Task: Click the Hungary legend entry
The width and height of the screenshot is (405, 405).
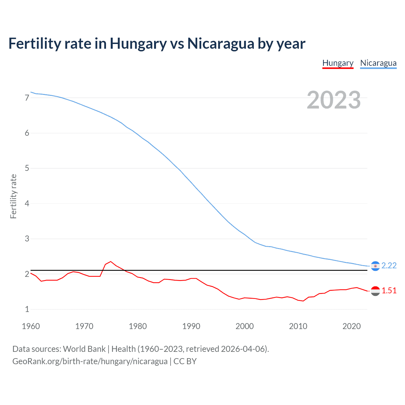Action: [338, 63]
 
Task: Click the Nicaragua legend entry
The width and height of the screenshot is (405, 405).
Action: [378, 63]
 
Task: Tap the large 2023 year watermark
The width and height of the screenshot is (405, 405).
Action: [333, 100]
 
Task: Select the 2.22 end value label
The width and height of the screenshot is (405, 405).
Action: [389, 265]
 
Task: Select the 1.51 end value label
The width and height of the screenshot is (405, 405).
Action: [389, 290]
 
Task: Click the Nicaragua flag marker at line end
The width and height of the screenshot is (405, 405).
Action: [375, 266]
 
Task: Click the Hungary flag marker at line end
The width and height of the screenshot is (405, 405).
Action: [375, 291]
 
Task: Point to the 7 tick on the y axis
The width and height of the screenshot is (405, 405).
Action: [27, 98]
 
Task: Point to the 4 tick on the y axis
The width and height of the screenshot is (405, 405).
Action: [27, 203]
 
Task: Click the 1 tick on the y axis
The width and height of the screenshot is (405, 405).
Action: [27, 309]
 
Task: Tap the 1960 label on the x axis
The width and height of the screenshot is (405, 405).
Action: [31, 326]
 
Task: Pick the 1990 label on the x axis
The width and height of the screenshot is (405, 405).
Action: [191, 326]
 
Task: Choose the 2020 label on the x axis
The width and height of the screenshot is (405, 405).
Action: [352, 326]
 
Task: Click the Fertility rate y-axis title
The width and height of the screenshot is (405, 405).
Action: [13, 196]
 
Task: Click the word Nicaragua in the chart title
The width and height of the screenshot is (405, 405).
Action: [220, 44]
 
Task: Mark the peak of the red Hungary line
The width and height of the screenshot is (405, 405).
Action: [110, 262]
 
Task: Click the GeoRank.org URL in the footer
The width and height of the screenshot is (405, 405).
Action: [90, 361]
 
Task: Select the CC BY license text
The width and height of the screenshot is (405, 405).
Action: [185, 361]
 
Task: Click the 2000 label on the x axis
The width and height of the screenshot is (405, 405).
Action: [245, 326]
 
